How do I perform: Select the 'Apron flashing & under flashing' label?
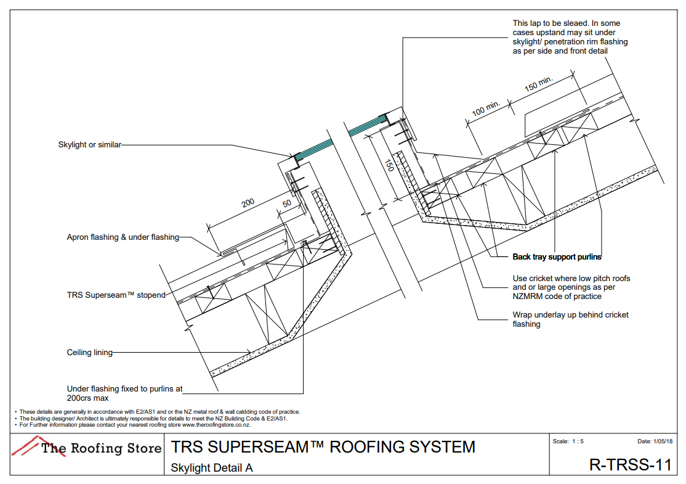(123, 237)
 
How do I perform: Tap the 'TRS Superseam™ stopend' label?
(116, 295)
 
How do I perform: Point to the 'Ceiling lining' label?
(90, 353)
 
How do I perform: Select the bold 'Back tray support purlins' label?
(557, 256)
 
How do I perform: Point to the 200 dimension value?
(248, 203)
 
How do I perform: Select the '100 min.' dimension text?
(486, 109)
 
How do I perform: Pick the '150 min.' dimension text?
(539, 83)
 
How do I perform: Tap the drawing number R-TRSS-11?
(629, 465)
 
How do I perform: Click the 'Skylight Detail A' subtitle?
(212, 467)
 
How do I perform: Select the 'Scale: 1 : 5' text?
(568, 441)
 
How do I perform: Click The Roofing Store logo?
(87, 447)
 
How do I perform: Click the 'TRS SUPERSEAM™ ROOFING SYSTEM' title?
(323, 446)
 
